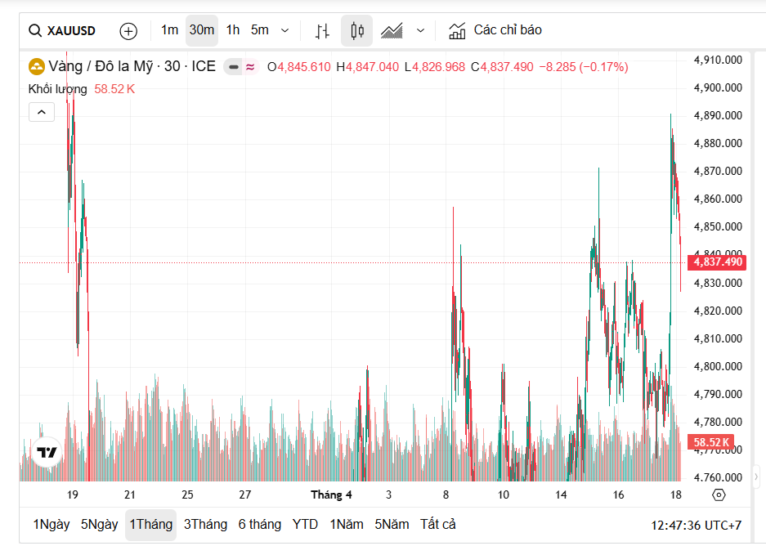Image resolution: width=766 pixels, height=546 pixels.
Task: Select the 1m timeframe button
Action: click(169, 30)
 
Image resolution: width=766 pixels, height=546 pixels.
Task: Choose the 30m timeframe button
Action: click(201, 30)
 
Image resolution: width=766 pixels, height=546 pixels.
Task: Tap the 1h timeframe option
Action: click(233, 30)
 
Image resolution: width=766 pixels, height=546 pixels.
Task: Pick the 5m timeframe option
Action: click(260, 30)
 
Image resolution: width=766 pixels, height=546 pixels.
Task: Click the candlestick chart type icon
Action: click(356, 31)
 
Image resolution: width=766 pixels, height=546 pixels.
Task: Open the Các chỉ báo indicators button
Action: click(495, 30)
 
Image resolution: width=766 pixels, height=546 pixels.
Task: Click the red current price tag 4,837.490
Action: click(716, 262)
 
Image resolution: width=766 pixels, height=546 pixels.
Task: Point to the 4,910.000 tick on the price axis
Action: click(717, 60)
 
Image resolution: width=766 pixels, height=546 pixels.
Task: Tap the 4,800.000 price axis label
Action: click(717, 366)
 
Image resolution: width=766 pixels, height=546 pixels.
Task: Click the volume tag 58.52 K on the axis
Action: click(711, 442)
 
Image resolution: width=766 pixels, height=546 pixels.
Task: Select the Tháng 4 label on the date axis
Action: click(331, 495)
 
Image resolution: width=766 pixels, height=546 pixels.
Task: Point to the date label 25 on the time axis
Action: click(187, 495)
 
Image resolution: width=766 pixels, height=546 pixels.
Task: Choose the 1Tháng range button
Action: click(150, 525)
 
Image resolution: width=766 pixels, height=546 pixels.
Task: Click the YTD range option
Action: click(305, 525)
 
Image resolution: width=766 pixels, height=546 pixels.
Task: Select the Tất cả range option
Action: click(437, 525)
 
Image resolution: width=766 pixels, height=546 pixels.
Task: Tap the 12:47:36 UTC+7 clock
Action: click(696, 525)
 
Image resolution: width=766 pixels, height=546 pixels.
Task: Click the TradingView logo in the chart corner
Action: click(47, 452)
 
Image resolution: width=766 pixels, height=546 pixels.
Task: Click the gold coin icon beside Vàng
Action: click(37, 66)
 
